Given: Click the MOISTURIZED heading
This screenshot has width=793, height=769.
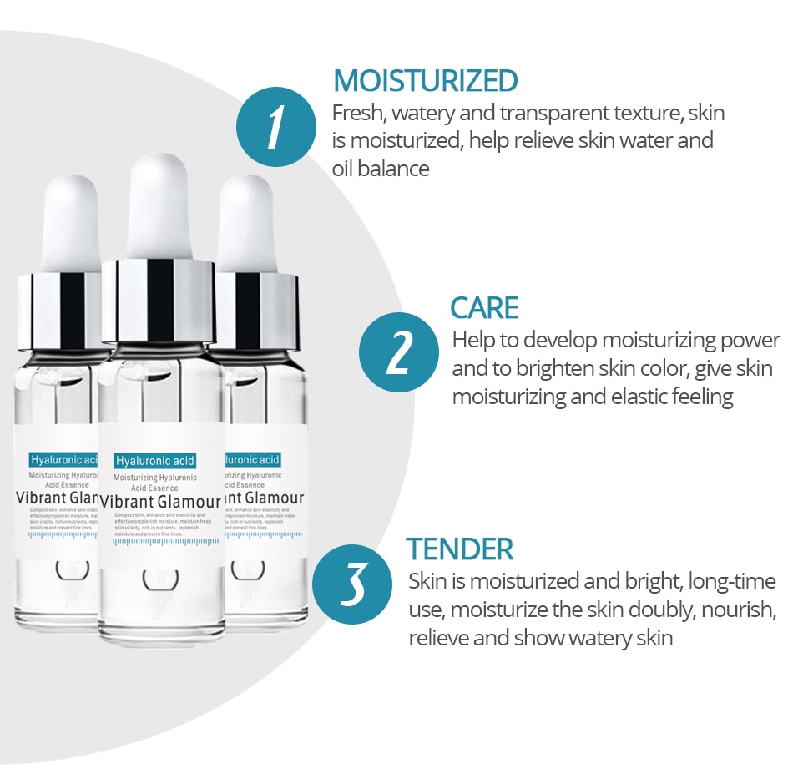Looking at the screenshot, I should [425, 81].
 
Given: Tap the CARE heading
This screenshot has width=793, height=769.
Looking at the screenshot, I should [484, 307].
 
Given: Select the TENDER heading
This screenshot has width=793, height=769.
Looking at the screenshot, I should [459, 549].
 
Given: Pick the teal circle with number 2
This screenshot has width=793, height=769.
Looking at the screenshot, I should [398, 353].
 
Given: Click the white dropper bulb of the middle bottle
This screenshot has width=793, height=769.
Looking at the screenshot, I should [161, 205].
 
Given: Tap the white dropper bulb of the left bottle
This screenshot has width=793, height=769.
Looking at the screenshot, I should [71, 223].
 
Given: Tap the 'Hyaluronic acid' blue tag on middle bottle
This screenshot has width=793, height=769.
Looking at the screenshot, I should [154, 461].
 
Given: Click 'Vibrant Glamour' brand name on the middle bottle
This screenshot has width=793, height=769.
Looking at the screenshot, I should [160, 503].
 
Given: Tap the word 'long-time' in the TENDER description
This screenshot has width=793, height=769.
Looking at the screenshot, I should [731, 581].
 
